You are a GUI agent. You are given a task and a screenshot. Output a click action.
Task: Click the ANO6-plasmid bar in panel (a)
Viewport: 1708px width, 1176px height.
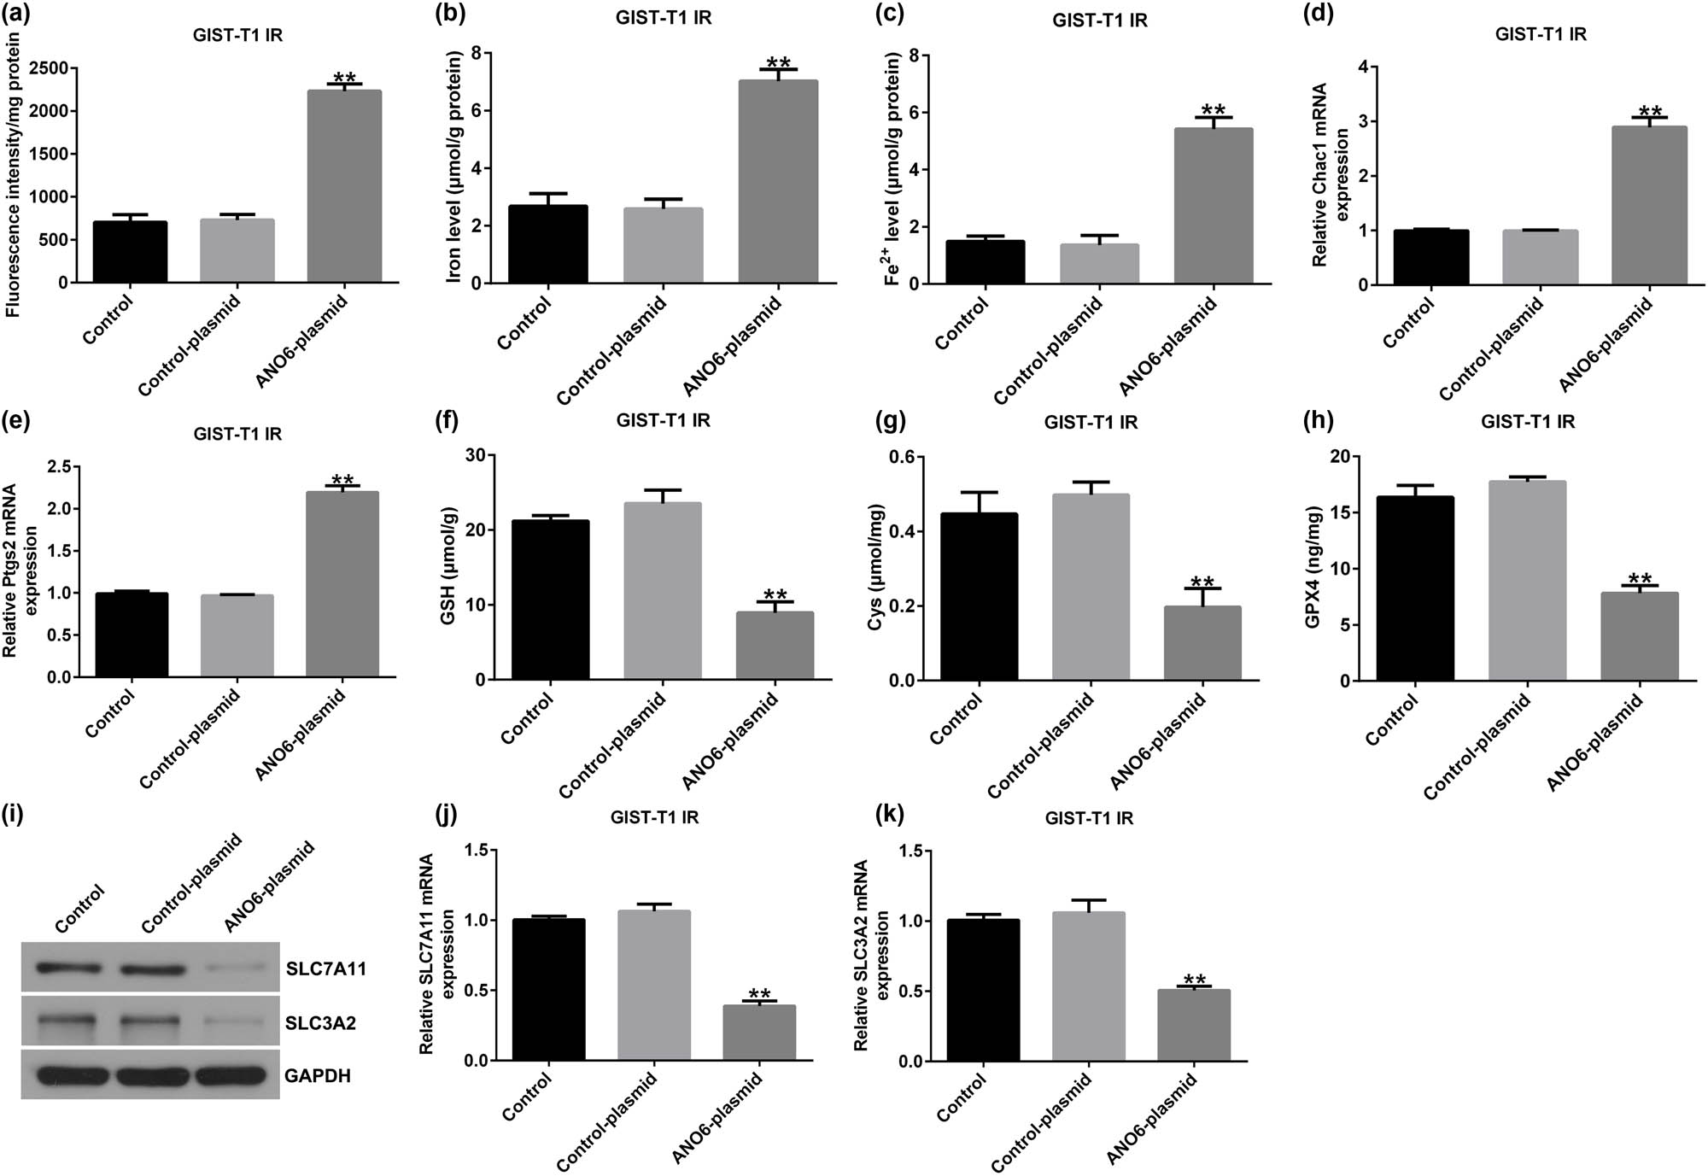click(344, 186)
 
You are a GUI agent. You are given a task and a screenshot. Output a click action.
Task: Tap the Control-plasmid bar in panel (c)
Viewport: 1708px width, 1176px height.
click(1099, 264)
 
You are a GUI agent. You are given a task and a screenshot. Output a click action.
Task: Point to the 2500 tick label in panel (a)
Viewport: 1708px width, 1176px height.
click(46, 68)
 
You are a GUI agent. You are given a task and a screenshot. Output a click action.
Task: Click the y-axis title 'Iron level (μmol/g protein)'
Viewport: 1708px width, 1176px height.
click(454, 167)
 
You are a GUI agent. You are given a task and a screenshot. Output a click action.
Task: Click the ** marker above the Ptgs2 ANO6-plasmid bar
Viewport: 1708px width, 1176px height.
click(342, 480)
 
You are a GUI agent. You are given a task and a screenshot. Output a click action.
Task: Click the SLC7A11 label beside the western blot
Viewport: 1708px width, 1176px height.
click(326, 969)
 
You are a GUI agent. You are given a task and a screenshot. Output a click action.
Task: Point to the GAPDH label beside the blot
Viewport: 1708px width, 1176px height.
click(317, 1075)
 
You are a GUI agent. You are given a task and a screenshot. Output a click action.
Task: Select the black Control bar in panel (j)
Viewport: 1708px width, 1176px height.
click(549, 990)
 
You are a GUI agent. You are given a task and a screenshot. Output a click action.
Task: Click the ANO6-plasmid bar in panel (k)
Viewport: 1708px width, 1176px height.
click(1193, 1025)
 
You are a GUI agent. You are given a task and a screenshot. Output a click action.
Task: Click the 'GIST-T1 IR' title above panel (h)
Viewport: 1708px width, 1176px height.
click(1528, 421)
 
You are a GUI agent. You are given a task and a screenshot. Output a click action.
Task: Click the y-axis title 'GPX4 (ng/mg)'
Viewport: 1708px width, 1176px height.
click(1313, 567)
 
